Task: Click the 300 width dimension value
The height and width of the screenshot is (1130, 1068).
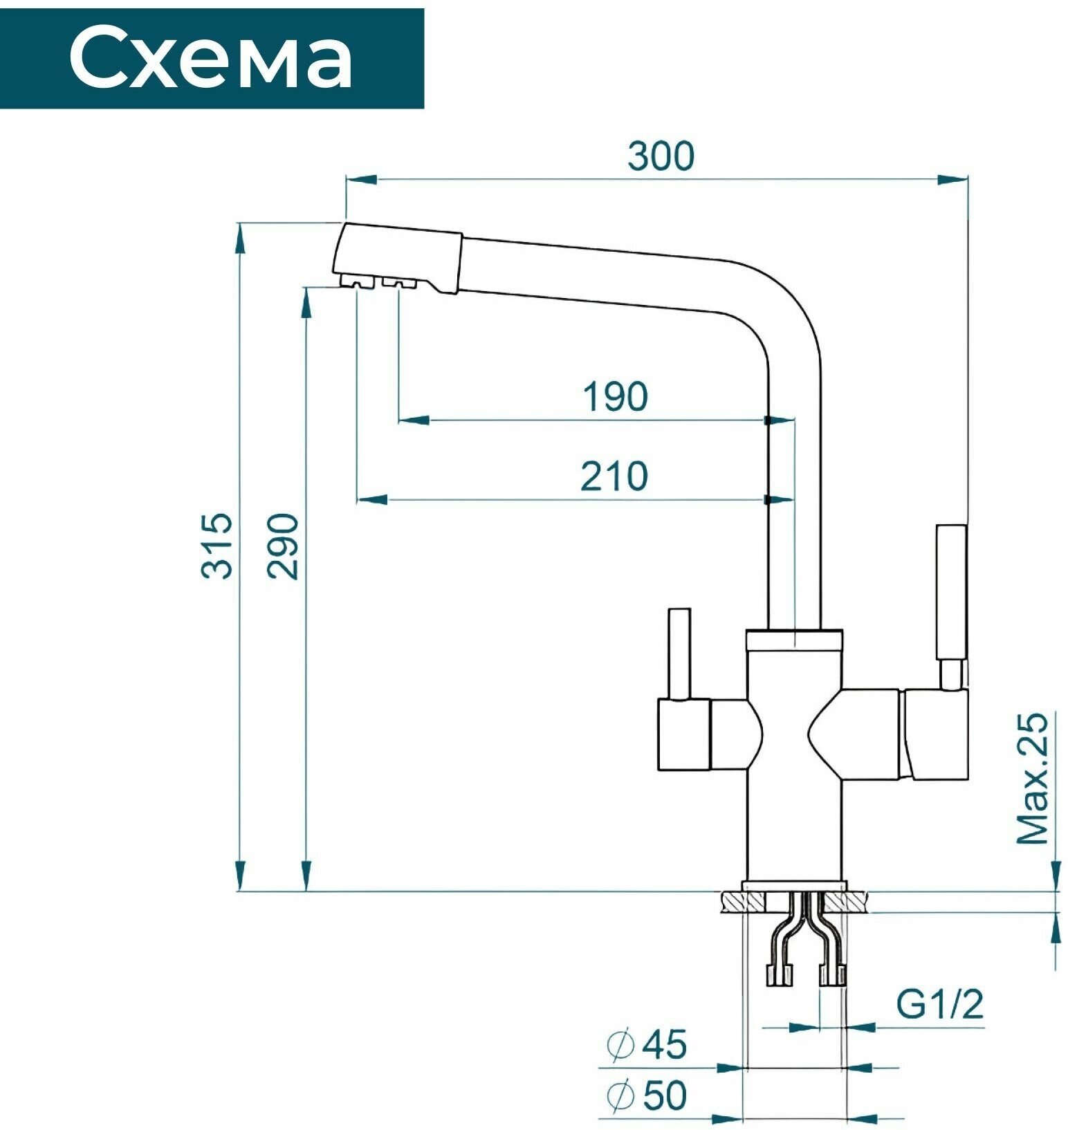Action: pos(661,156)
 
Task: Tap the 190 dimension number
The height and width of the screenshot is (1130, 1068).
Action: pos(615,396)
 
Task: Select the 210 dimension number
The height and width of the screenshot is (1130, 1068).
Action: pos(614,476)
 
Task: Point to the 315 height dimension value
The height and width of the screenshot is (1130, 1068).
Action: pos(217,546)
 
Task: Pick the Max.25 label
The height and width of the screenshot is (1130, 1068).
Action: pos(1032,778)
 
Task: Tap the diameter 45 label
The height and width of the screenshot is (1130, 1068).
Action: pos(647,1044)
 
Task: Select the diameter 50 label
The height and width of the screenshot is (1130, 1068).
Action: pos(647,1095)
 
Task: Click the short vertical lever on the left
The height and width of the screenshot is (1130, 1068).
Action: pos(679,654)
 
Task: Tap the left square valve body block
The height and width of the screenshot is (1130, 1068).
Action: pos(683,734)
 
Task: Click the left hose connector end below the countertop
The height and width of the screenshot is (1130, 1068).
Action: pos(780,974)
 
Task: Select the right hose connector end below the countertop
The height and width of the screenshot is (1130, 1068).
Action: pos(832,974)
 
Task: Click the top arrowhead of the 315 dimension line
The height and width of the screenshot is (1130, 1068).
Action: pos(240,239)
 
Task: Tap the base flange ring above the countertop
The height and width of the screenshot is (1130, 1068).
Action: pos(794,886)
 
